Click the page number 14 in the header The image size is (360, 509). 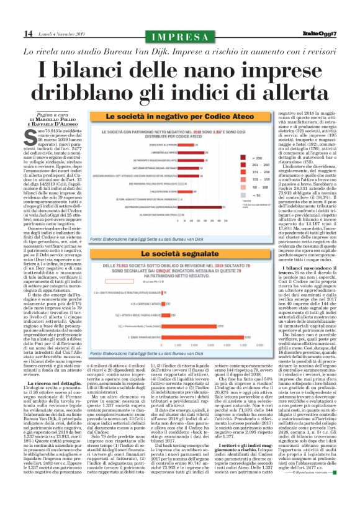tap(11, 32)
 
